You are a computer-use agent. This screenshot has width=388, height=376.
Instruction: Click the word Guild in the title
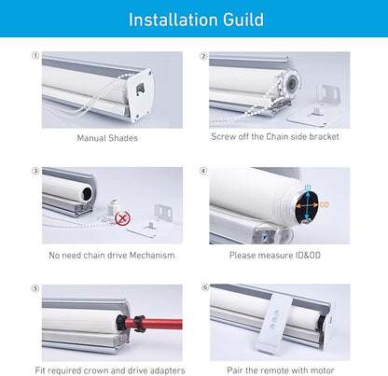tap(243, 20)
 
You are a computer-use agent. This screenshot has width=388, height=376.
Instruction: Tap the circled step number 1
tap(35, 56)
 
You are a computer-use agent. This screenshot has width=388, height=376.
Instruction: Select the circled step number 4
tap(203, 171)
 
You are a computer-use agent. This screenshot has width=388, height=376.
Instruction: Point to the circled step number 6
tap(205, 287)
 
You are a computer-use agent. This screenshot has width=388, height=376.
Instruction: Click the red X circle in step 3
tap(122, 218)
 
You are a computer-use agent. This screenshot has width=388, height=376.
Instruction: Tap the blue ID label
tap(308, 188)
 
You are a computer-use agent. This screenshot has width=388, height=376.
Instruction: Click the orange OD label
tap(324, 205)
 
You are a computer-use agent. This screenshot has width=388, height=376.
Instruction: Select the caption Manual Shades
tap(107, 138)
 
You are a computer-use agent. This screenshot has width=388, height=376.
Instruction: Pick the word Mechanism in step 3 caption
tap(152, 256)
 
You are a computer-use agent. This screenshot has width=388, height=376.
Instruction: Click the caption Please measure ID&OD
tap(275, 256)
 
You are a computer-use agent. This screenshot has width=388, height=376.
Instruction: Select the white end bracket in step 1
tap(141, 92)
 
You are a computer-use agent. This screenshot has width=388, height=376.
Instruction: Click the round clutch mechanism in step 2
tap(291, 83)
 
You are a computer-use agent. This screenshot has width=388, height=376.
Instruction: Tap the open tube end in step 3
tap(87, 193)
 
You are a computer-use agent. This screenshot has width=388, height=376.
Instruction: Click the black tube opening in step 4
tap(307, 207)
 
